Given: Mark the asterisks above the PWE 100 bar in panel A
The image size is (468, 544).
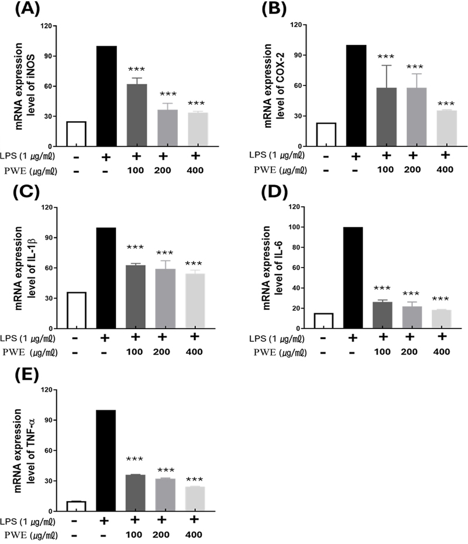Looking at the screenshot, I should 136,69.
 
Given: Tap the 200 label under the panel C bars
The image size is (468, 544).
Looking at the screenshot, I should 166,351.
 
